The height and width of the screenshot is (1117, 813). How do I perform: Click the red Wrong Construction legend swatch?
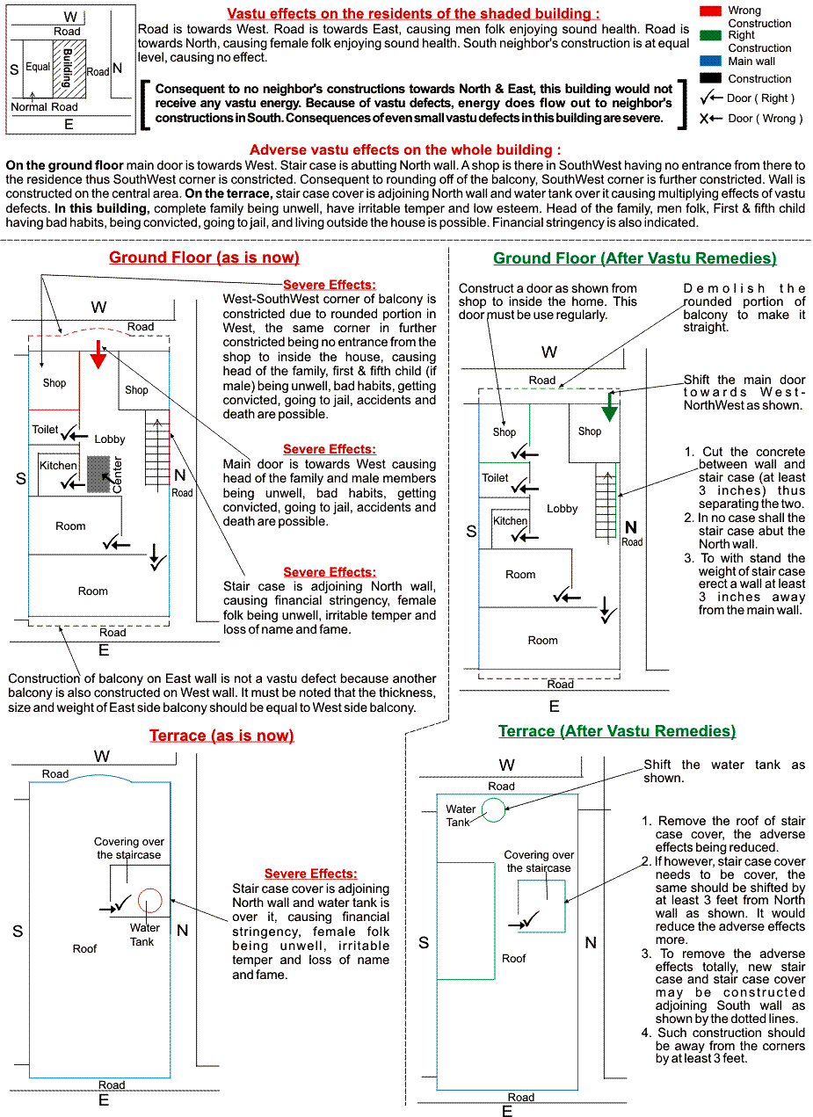pyautogui.click(x=710, y=11)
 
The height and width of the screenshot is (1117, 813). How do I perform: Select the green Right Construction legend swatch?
pyautogui.click(x=710, y=35)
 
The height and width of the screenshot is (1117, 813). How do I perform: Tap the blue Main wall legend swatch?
pyautogui.click(x=710, y=61)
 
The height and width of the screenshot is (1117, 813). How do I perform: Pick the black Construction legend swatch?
pyautogui.click(x=710, y=78)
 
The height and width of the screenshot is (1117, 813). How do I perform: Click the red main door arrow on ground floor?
pyautogui.click(x=98, y=355)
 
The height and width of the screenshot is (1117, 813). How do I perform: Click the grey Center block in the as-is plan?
pyautogui.click(x=98, y=474)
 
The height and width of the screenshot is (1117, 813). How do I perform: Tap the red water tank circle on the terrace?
pyautogui.click(x=150, y=901)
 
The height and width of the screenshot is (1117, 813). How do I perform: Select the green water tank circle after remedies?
pyautogui.click(x=494, y=809)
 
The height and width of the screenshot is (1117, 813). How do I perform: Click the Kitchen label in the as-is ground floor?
pyautogui.click(x=58, y=466)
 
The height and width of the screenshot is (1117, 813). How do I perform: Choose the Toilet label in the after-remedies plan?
pyautogui.click(x=495, y=478)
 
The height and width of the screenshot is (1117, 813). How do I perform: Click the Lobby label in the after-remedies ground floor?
pyautogui.click(x=563, y=508)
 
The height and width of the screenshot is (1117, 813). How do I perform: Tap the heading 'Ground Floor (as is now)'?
pyautogui.click(x=204, y=257)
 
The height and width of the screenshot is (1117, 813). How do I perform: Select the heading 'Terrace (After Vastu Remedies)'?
pyautogui.click(x=617, y=731)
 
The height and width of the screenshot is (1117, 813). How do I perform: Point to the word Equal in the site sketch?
pyautogui.click(x=38, y=67)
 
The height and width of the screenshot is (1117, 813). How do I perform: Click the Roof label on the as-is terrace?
pyautogui.click(x=84, y=948)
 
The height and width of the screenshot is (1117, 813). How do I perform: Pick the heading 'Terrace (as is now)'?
pyautogui.click(x=221, y=736)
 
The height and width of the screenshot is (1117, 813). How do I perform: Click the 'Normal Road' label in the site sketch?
pyautogui.click(x=44, y=107)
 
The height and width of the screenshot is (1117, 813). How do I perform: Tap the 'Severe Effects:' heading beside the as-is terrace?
pyautogui.click(x=310, y=874)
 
